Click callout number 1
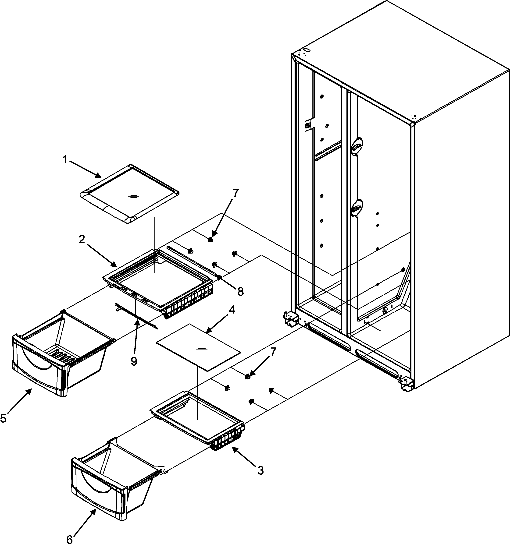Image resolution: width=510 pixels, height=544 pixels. [x=65, y=159]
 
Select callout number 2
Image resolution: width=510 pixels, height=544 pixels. [x=82, y=240]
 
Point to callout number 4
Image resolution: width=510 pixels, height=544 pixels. [x=232, y=310]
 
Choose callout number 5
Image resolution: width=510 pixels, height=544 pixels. [x=4, y=418]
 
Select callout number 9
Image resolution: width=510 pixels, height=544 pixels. [x=134, y=361]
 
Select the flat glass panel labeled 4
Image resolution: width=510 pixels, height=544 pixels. [x=198, y=347]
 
